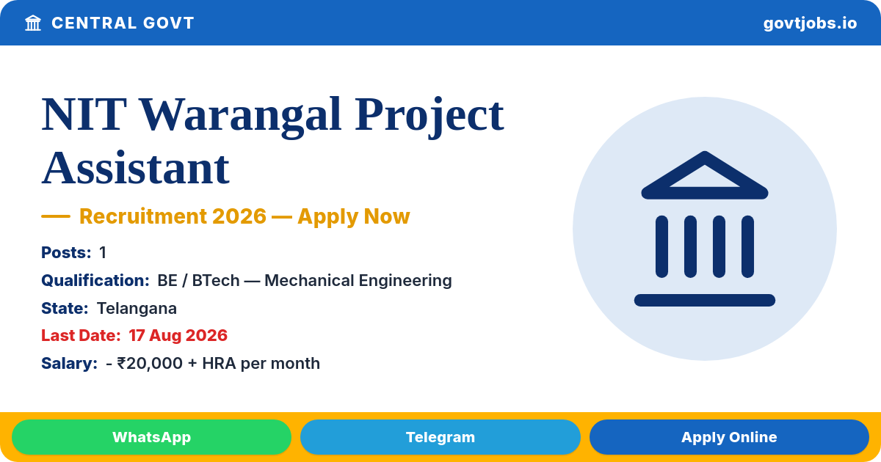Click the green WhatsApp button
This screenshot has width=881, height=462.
(x=151, y=437)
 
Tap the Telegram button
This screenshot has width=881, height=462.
(x=440, y=437)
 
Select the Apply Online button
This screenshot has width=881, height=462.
(x=729, y=437)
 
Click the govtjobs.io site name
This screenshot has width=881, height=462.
(x=810, y=23)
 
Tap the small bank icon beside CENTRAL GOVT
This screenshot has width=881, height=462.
(x=33, y=23)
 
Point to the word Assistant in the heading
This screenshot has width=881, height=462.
(x=135, y=169)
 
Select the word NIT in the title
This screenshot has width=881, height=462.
(x=84, y=114)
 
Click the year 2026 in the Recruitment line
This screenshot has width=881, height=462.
(x=239, y=216)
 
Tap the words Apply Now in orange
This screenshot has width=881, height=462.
(x=354, y=217)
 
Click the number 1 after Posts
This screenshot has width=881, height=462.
(x=103, y=252)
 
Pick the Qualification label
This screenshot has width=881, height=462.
(x=95, y=280)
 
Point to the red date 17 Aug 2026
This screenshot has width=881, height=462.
(x=178, y=336)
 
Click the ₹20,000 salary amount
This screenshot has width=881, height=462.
(x=150, y=364)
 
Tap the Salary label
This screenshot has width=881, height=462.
(x=69, y=364)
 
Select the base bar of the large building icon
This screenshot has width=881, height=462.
(x=704, y=300)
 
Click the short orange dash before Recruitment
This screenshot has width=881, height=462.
(x=56, y=216)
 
